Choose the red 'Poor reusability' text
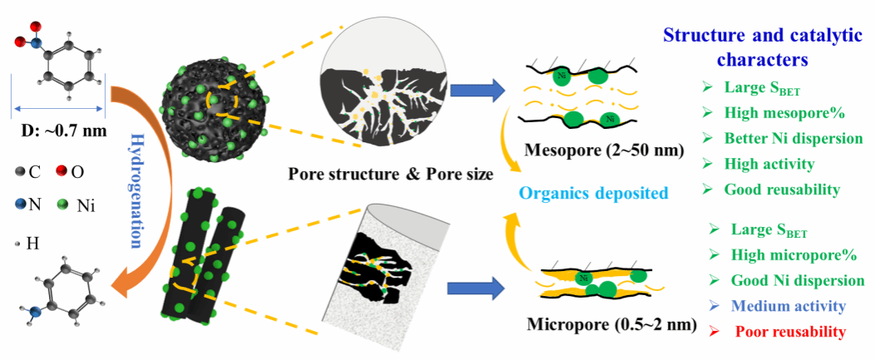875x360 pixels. click(790, 332)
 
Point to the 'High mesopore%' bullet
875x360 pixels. click(779, 113)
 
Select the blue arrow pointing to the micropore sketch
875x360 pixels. click(475, 288)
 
